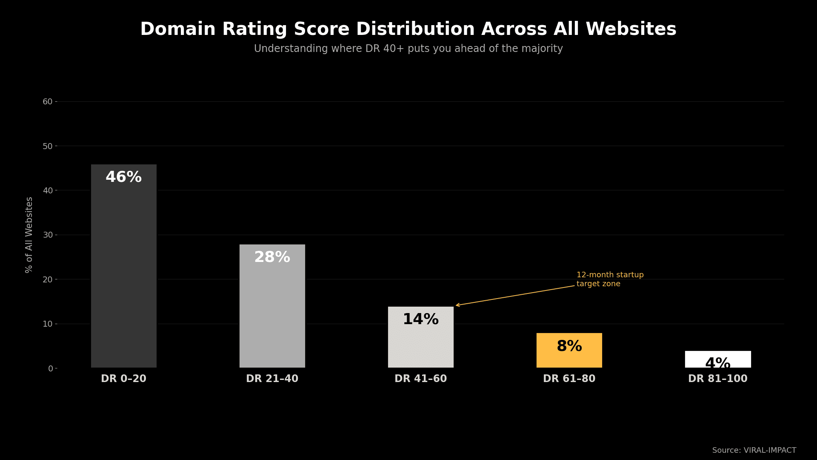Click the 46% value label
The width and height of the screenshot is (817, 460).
(123, 177)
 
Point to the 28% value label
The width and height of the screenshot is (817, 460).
(272, 257)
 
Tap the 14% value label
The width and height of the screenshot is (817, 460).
(420, 319)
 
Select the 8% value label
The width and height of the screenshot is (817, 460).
(569, 346)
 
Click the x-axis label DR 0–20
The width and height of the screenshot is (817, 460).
(123, 379)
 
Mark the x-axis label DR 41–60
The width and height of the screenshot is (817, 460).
(420, 379)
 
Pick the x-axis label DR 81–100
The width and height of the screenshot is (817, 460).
(717, 379)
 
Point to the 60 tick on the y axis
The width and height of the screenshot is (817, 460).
(47, 102)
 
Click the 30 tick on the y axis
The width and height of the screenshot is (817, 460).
(47, 235)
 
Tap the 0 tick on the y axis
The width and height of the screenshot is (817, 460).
(50, 368)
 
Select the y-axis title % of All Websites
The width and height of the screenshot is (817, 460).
(29, 235)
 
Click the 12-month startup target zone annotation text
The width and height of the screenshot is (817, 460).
(609, 279)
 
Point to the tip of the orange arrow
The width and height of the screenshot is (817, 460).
(456, 305)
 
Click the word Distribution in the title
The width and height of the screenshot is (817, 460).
(415, 29)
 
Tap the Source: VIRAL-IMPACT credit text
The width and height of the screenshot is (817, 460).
(754, 450)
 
